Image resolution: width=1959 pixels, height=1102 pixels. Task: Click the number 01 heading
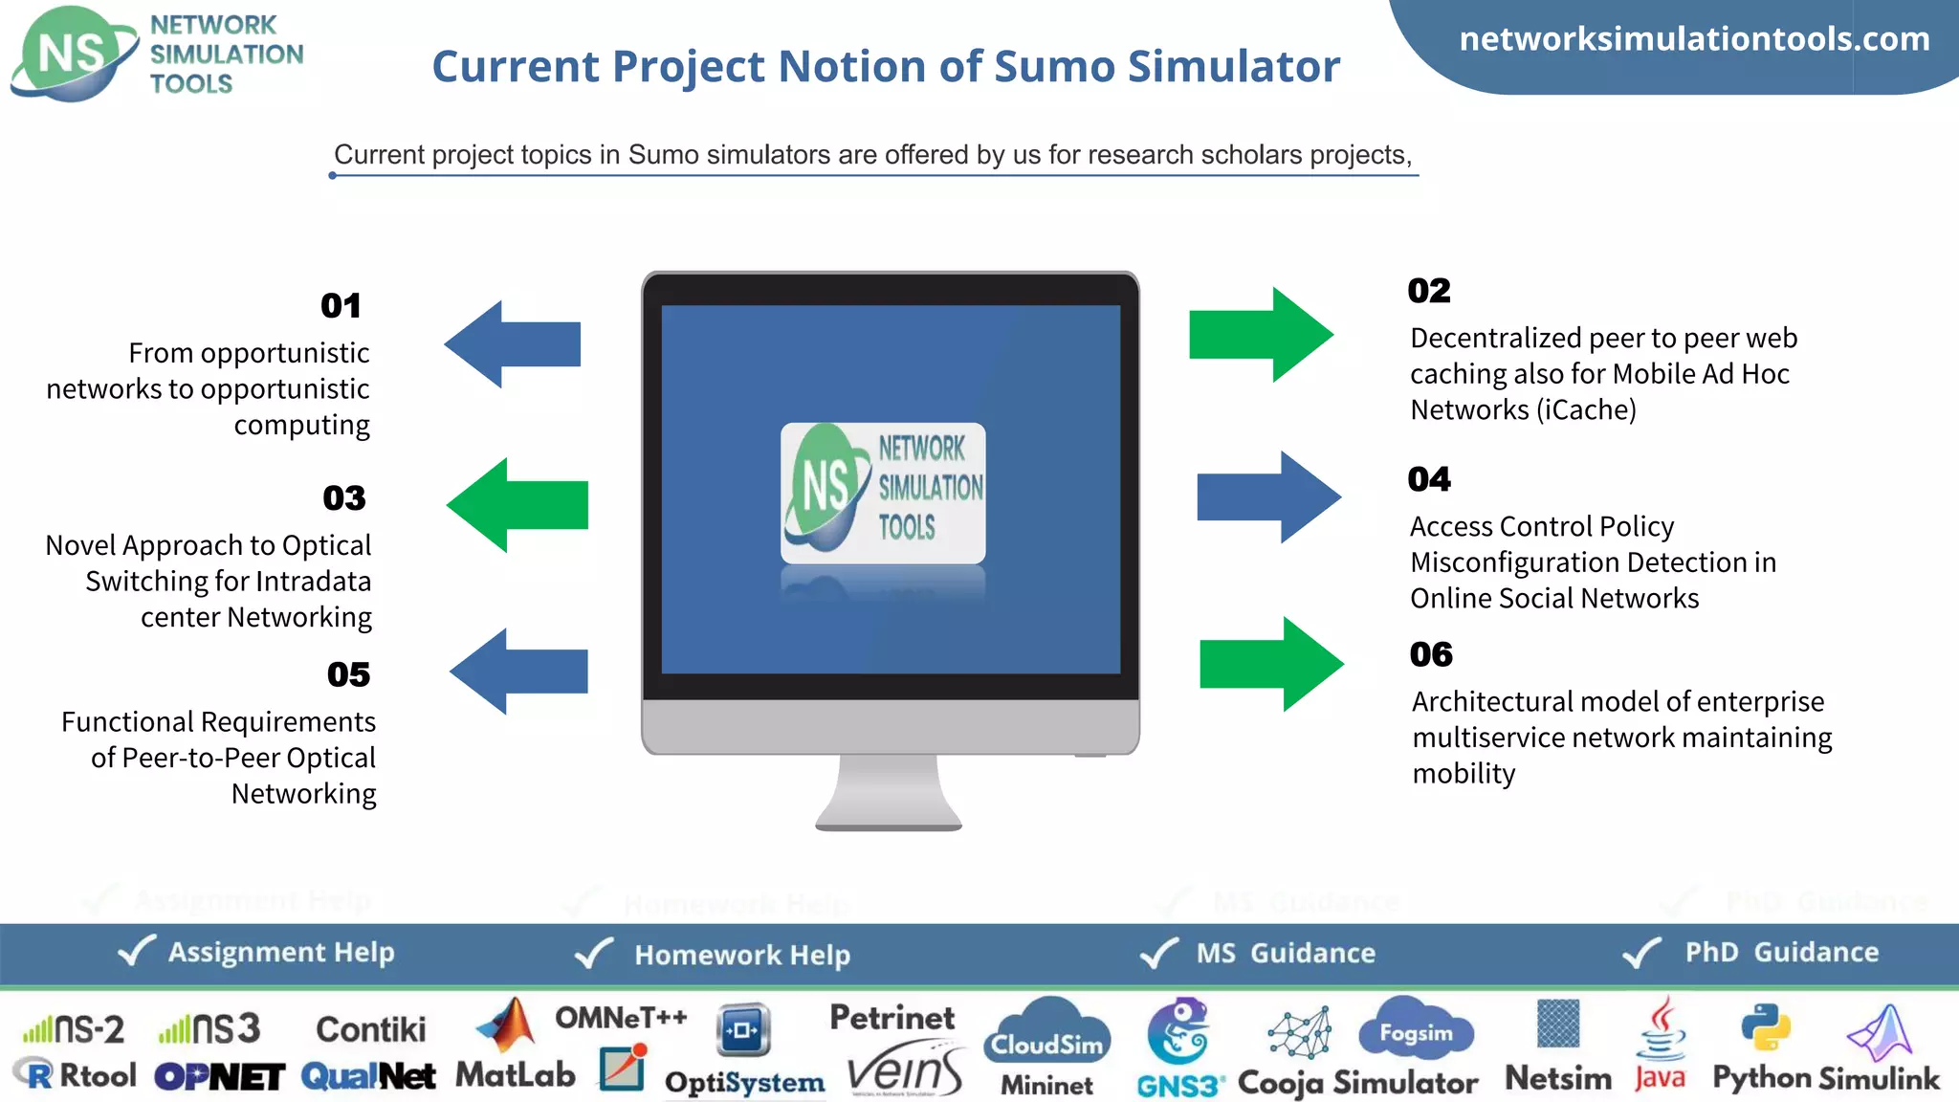pos(341,306)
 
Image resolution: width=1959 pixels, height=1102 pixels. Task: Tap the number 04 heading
pos(1429,479)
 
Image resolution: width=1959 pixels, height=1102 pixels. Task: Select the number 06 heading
pos(1431,654)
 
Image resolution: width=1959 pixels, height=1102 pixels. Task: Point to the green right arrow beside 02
pos(1261,335)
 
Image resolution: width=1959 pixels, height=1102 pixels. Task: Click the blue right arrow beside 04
pos(1268,497)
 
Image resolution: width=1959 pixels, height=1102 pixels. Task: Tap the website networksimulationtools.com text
pos(1694,39)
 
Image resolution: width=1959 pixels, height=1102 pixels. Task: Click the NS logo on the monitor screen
pos(882,493)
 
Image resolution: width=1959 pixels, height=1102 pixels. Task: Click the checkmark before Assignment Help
pos(136,951)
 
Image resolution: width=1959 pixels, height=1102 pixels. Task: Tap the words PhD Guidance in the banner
pos(1781,952)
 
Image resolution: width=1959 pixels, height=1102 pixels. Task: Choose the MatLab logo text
pos(516,1075)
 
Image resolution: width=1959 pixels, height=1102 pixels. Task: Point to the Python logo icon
pos(1765,1027)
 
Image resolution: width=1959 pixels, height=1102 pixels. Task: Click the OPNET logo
pos(219,1077)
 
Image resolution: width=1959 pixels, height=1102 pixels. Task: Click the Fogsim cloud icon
pos(1416,1031)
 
